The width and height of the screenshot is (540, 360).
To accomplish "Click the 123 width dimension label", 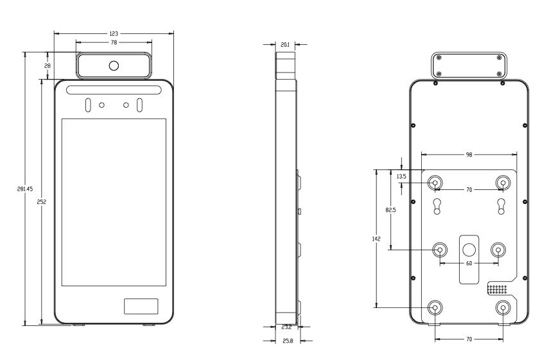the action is click(114, 34).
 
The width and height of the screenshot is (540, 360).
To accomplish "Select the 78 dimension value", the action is click(114, 42).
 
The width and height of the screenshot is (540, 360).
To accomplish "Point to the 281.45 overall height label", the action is click(25, 189).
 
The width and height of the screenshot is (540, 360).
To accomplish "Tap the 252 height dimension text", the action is click(41, 202).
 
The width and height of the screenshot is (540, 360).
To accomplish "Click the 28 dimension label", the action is click(48, 65).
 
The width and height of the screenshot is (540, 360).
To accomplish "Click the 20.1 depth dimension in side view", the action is click(285, 44).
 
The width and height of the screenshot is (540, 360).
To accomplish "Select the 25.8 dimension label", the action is click(288, 341).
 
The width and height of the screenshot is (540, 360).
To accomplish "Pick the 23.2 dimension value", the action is click(286, 327).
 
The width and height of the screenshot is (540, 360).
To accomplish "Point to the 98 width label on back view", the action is click(469, 155).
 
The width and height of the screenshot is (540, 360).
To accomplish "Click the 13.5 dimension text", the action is click(401, 176).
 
